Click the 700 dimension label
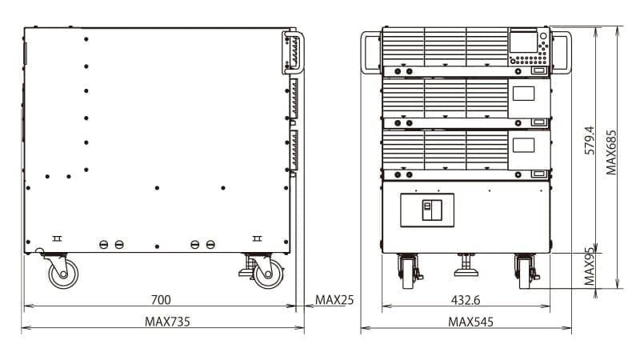(x=161, y=300)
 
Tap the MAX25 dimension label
(x=334, y=300)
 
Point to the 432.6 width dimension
(x=466, y=300)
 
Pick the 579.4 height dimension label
(x=590, y=140)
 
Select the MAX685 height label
(x=611, y=152)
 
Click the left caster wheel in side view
(x=62, y=273)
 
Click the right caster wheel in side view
(x=268, y=273)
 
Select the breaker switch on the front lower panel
(x=427, y=210)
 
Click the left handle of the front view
(x=370, y=52)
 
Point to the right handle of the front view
(x=562, y=52)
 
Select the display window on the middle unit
(x=523, y=94)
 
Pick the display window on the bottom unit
(x=523, y=145)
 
